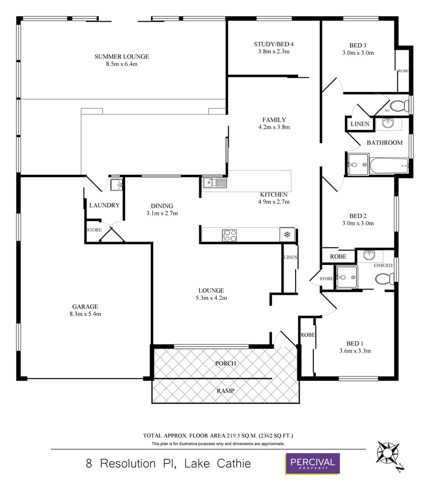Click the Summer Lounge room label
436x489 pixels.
(x=121, y=56)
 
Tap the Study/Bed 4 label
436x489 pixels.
(x=274, y=44)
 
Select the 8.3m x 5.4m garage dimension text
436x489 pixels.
(x=85, y=314)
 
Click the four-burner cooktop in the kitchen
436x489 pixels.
(x=230, y=235)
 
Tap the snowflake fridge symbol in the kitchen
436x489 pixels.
(x=287, y=234)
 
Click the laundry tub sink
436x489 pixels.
(x=116, y=184)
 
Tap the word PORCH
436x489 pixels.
(x=225, y=363)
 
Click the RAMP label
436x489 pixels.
(x=225, y=390)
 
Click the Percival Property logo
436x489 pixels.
(x=312, y=464)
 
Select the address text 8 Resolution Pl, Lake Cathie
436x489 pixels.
(x=168, y=464)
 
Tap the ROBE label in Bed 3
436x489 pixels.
(x=403, y=71)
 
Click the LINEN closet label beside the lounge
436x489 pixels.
(x=290, y=257)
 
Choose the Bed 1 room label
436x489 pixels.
(x=355, y=343)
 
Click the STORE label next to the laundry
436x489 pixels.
(x=94, y=230)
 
